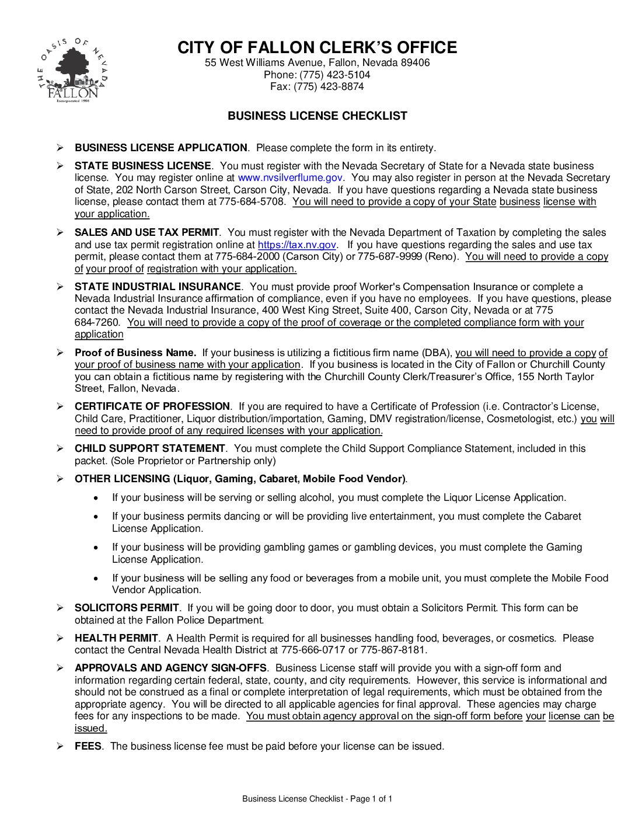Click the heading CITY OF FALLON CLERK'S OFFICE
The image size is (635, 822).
[317, 47]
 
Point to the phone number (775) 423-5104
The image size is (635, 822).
[334, 75]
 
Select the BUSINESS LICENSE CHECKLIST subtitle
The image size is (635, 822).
[317, 116]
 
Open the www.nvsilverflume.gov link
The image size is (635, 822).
[290, 177]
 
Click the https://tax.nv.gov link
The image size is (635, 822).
[297, 245]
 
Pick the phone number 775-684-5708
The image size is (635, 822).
[252, 201]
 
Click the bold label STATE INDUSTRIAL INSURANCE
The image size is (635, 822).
[158, 287]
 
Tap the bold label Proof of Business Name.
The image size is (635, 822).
[135, 353]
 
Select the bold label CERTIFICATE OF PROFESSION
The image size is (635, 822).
[152, 406]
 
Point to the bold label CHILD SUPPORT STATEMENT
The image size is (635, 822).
[149, 448]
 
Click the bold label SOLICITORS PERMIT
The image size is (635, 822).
[127, 608]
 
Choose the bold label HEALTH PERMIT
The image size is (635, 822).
[116, 638]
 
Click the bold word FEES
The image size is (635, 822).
[88, 746]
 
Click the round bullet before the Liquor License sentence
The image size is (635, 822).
[96, 498]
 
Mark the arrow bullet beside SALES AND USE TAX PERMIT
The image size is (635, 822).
[60, 232]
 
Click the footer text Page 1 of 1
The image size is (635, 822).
[371, 799]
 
